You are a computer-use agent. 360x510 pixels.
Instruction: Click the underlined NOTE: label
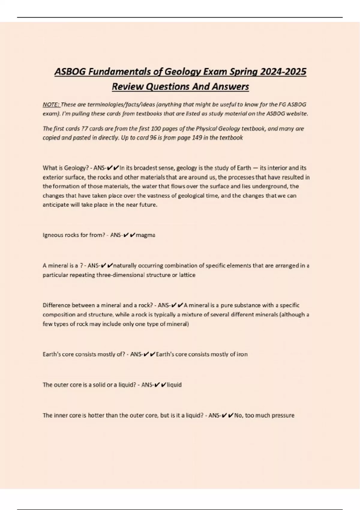[x=51, y=105]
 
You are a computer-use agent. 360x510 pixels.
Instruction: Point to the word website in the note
[x=297, y=114]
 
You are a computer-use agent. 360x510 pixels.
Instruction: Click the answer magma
[x=145, y=235]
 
